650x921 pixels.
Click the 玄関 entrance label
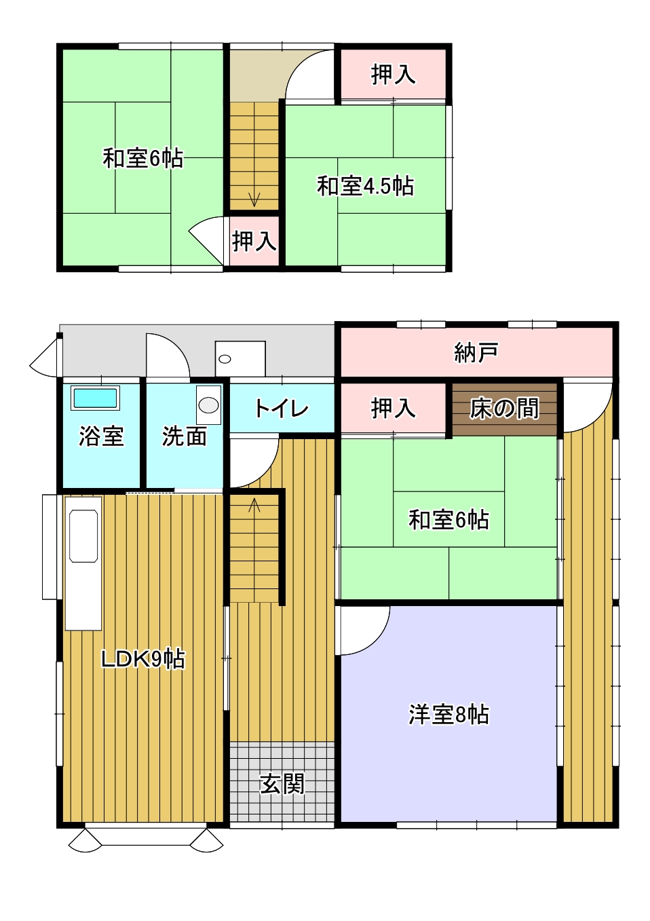tap(282, 784)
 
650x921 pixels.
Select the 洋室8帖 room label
tap(448, 715)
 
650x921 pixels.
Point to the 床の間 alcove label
tap(504, 409)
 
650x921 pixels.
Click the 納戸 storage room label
tap(476, 352)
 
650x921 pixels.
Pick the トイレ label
tap(282, 409)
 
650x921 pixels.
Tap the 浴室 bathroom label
tap(101, 436)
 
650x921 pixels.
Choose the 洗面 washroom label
tap(184, 436)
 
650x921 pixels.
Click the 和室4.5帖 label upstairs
tap(365, 186)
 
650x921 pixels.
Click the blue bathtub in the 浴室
tap(95, 398)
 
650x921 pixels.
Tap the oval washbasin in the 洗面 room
tap(208, 405)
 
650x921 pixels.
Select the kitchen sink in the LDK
tap(83, 535)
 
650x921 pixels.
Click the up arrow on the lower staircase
tap(254, 504)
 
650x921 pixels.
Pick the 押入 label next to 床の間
tap(393, 409)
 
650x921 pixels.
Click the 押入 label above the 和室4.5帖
tap(393, 75)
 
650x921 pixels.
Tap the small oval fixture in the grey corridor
tap(225, 359)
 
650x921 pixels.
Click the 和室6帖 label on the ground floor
tap(448, 519)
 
